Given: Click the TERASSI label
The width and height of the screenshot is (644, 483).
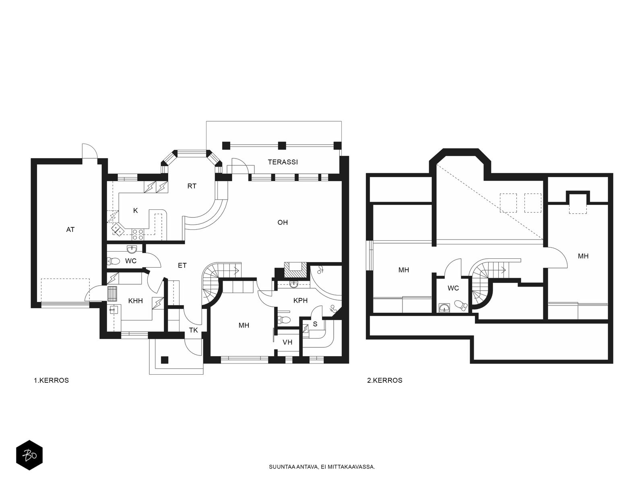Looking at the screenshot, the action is [x=283, y=162].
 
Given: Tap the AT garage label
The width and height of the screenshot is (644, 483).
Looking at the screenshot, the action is [x=70, y=229].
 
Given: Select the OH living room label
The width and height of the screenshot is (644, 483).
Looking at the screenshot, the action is [x=283, y=222].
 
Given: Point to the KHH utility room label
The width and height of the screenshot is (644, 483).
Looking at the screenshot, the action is [x=136, y=301].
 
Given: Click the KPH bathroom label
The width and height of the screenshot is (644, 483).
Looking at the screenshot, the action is [x=300, y=300].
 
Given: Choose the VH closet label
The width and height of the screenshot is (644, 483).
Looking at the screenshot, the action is [x=287, y=342].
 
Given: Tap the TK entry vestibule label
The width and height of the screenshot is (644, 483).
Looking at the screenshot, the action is [x=193, y=330].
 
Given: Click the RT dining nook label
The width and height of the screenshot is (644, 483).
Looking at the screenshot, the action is [x=192, y=186].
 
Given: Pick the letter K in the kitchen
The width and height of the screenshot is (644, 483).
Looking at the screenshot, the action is [x=135, y=210].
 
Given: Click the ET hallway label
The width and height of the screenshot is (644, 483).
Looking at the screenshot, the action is [x=182, y=265].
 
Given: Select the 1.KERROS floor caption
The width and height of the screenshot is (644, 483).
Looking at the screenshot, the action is [x=52, y=380].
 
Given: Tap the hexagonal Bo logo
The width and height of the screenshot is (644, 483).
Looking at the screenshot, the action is [x=29, y=456].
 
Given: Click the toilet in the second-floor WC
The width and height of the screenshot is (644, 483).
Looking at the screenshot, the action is [x=460, y=305].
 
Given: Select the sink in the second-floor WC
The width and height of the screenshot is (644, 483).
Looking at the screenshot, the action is [x=444, y=308].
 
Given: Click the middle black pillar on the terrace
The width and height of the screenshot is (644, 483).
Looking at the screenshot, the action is [x=282, y=145].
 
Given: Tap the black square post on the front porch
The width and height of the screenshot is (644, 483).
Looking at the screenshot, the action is [x=165, y=360].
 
